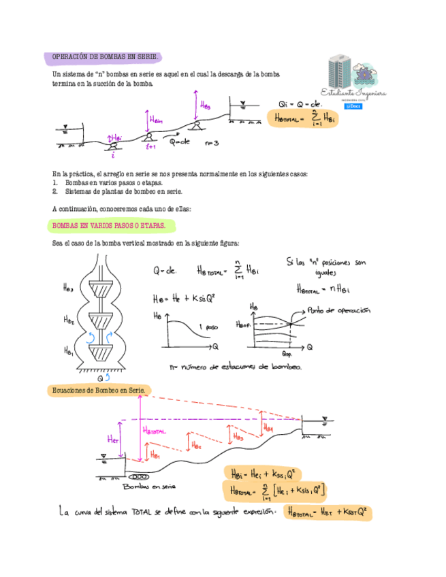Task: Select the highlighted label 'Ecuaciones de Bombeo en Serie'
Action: pyautogui.click(x=100, y=390)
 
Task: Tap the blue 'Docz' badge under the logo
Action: pyautogui.click(x=353, y=106)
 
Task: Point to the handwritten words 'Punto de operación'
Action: pyautogui.click(x=338, y=310)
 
